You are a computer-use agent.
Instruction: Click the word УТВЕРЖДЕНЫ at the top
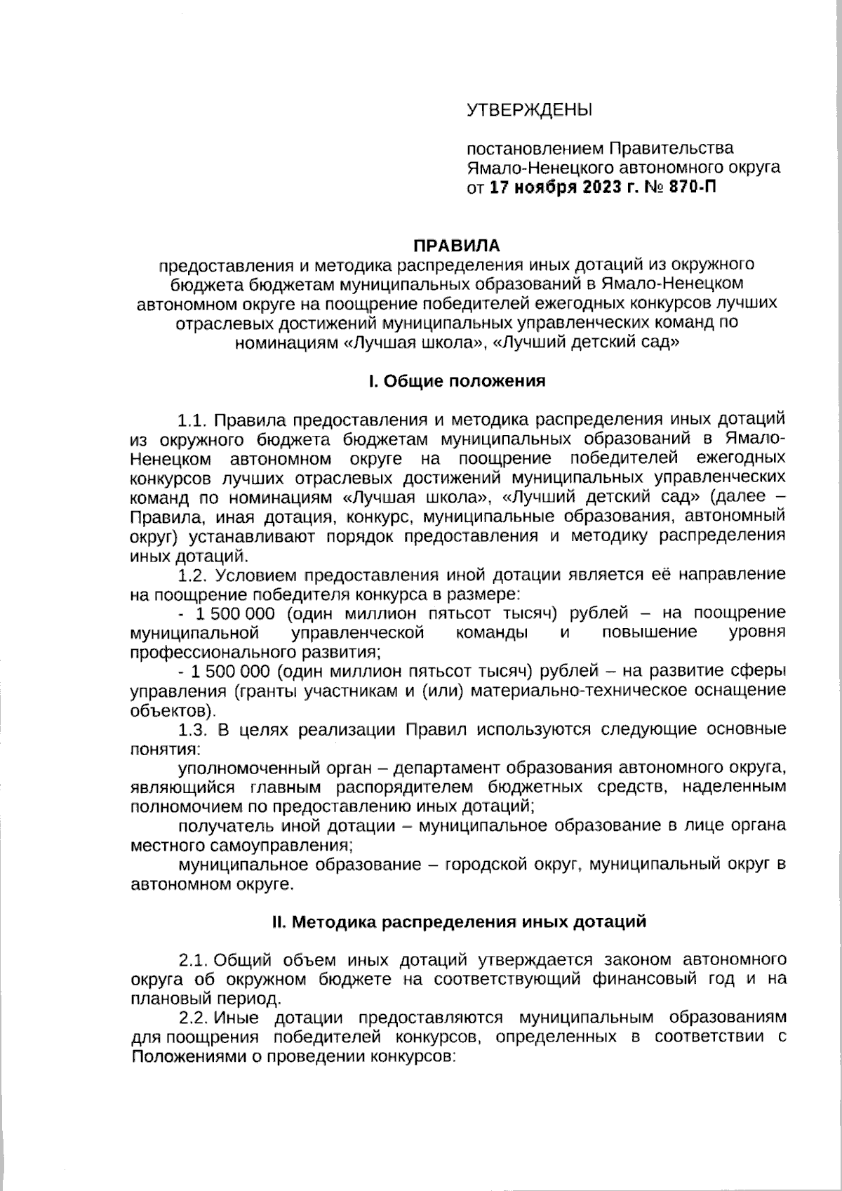(530, 110)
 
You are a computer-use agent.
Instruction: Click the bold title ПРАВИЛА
(456, 246)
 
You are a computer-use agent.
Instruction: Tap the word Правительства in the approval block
(671, 149)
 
